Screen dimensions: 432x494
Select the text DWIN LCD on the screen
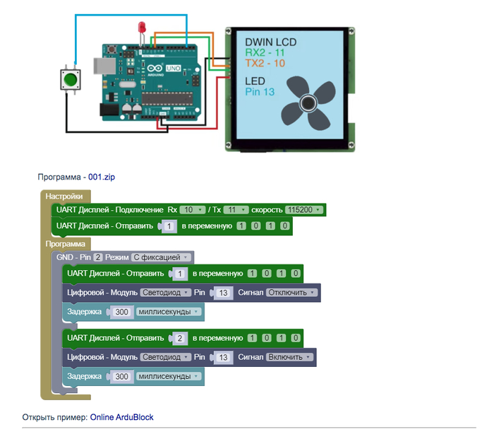pyautogui.click(x=270, y=42)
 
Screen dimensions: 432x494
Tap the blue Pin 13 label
pyautogui.click(x=260, y=92)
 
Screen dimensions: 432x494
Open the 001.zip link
pyautogui.click(x=101, y=176)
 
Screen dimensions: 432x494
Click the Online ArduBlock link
pyautogui.click(x=121, y=417)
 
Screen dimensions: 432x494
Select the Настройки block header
pyautogui.click(x=64, y=196)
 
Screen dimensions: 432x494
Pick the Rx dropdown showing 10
pyautogui.click(x=191, y=210)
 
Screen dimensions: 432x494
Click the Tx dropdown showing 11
pyautogui.click(x=236, y=210)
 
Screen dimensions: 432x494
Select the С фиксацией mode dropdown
pyautogui.click(x=162, y=257)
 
